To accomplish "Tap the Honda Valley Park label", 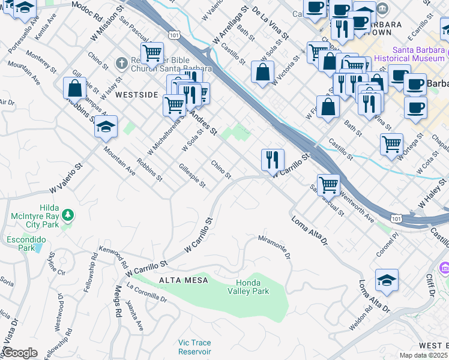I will tap(252, 287).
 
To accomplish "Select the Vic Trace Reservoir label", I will tap(194, 347).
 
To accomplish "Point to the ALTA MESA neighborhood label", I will tap(184, 280).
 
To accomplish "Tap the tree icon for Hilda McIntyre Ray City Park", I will tap(68, 214).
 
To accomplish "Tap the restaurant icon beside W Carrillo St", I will tap(273, 159).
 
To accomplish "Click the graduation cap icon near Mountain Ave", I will tap(106, 126).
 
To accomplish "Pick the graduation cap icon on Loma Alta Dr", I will tap(387, 280).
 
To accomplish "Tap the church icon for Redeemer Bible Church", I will tap(121, 63).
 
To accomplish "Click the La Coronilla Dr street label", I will tap(146, 295).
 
